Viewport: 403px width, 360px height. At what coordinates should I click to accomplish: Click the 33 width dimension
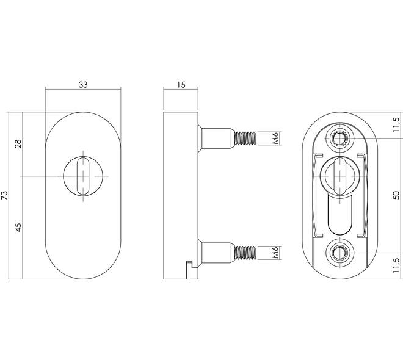click(x=83, y=84)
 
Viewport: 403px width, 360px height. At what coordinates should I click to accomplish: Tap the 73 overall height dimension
click(x=5, y=195)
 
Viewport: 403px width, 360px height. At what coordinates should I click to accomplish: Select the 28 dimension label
click(x=18, y=144)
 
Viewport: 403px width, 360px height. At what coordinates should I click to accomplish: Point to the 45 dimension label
click(x=18, y=227)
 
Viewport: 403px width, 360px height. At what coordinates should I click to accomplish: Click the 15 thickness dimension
click(x=181, y=84)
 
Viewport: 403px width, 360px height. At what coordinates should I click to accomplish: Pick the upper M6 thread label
click(x=275, y=138)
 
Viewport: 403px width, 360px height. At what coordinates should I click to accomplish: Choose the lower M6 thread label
click(x=275, y=253)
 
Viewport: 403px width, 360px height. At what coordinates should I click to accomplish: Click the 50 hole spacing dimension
click(x=396, y=195)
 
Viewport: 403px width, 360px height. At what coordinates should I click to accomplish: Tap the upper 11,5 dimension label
click(x=396, y=125)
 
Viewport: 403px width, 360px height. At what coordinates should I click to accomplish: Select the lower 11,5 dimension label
click(x=396, y=265)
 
